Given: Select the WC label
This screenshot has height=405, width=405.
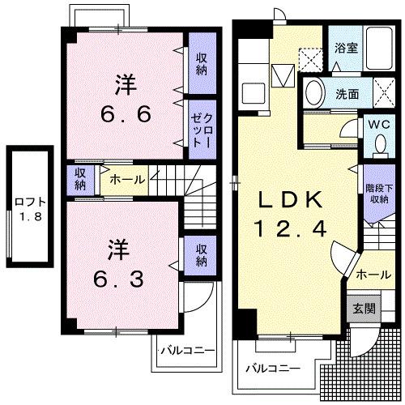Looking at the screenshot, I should click(x=379, y=126).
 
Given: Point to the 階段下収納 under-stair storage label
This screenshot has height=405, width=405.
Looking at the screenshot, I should click(x=377, y=194).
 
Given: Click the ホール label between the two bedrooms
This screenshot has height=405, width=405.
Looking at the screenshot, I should click(x=127, y=179).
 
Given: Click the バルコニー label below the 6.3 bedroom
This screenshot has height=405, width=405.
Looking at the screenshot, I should click(x=186, y=352).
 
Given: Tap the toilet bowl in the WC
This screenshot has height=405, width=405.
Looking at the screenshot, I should click(x=379, y=143).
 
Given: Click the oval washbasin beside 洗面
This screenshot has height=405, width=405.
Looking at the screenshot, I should click(x=313, y=92).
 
